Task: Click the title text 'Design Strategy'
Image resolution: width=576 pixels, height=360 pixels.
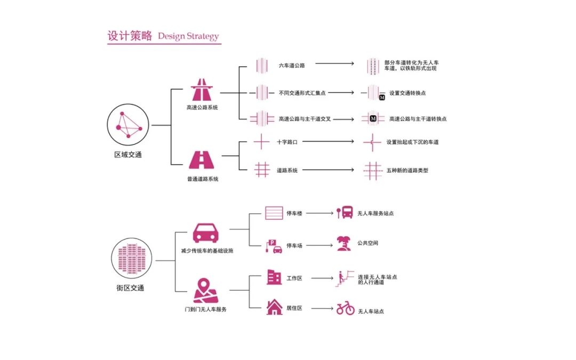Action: pyautogui.click(x=188, y=36)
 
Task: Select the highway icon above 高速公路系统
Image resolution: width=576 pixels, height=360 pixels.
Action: pyautogui.click(x=201, y=90)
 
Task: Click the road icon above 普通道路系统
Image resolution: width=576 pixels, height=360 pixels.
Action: pyautogui.click(x=202, y=161)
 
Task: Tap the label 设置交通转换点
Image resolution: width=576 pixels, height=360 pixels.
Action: pyautogui.click(x=407, y=93)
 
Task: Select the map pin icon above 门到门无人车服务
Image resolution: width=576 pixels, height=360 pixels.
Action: pyautogui.click(x=205, y=291)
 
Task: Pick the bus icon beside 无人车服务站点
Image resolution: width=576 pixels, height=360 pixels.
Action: pyautogui.click(x=345, y=213)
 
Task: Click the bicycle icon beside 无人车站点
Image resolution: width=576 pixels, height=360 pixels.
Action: pyautogui.click(x=345, y=308)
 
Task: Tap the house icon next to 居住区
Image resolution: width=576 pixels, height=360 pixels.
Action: pyautogui.click(x=274, y=307)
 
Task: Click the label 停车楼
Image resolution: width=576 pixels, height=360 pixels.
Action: pyautogui.click(x=294, y=213)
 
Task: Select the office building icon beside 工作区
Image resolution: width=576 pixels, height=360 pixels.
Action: pyautogui.click(x=274, y=277)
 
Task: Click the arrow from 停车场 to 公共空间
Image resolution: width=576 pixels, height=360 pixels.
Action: pyautogui.click(x=319, y=245)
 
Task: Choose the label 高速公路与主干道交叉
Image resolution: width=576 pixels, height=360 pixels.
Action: pyautogui.click(x=305, y=119)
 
